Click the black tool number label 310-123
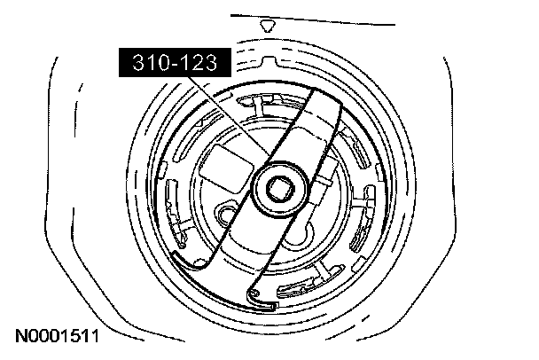[x=175, y=62]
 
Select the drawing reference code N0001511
[x=57, y=336]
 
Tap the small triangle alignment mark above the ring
[x=268, y=26]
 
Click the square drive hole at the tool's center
[x=280, y=189]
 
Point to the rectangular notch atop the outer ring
[x=269, y=61]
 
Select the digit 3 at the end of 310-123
[x=210, y=63]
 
